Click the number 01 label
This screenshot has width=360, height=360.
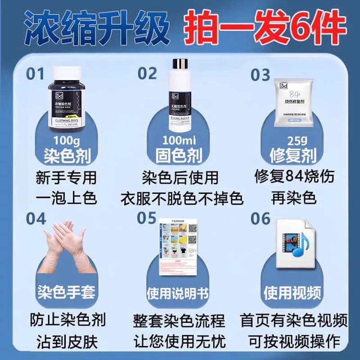click(36, 73)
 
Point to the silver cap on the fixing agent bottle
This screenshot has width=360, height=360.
click(180, 64)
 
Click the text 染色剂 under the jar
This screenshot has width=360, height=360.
click(67, 156)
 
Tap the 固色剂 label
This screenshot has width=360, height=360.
click(180, 156)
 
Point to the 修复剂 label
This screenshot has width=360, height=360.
click(293, 156)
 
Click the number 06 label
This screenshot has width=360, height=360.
click(261, 219)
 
